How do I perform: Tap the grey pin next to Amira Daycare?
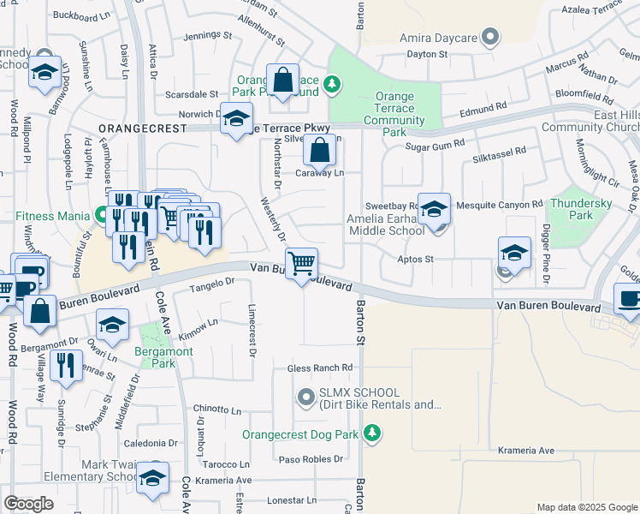(x=490, y=38)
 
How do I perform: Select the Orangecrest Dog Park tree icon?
(x=371, y=434)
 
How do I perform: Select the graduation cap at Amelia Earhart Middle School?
(x=435, y=209)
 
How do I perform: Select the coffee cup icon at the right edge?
(x=630, y=299)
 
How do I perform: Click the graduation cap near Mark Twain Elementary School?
(x=153, y=479)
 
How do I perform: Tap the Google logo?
(x=28, y=504)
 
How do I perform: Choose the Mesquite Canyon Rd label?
(x=500, y=205)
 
